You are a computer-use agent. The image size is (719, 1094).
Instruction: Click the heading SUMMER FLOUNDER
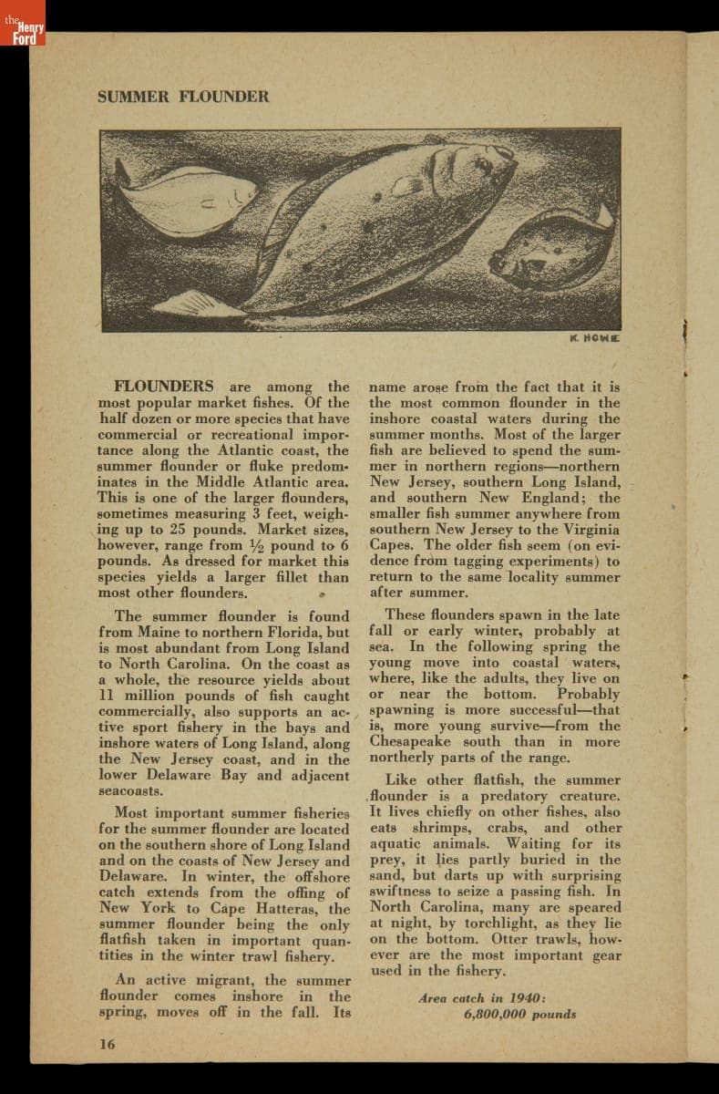click(183, 96)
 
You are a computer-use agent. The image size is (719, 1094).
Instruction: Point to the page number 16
click(108, 1045)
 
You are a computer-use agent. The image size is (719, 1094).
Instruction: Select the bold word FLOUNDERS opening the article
click(164, 387)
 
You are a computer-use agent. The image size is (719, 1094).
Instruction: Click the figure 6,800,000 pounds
click(519, 1014)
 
